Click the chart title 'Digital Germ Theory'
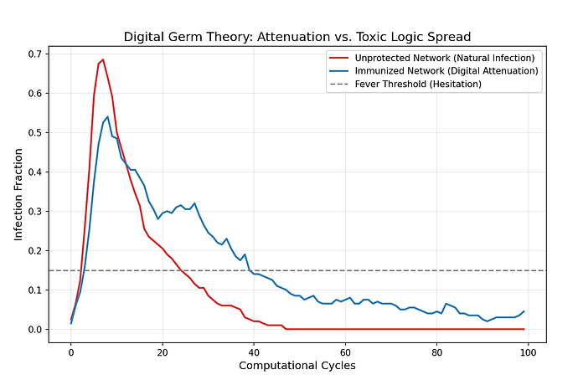coord(297,37)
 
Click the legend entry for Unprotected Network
coord(441,58)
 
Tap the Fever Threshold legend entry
coord(427,84)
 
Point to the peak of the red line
coord(103,59)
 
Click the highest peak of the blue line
coord(107,117)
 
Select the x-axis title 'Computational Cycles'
coord(297,366)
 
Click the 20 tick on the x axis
coord(163,352)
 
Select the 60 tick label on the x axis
coord(345,352)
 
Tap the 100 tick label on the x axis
coord(528,352)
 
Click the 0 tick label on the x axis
coord(71,352)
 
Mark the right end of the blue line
coord(524,311)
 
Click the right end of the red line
coord(524,329)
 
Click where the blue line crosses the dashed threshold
coord(249,270)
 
